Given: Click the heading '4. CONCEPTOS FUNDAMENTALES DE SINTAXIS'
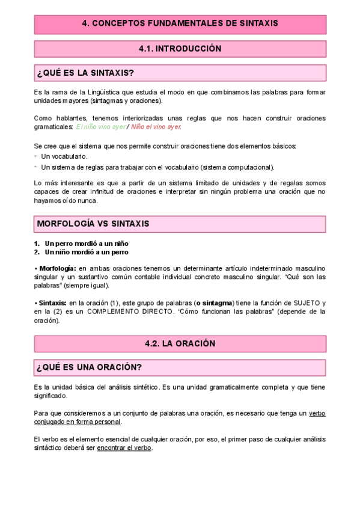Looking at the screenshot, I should (180, 24).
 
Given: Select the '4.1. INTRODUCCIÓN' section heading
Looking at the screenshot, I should (180, 49).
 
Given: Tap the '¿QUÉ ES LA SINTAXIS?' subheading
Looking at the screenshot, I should (85, 73).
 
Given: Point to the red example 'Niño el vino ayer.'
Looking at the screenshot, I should (156, 127).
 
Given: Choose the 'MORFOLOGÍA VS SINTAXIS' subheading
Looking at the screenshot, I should (93, 224).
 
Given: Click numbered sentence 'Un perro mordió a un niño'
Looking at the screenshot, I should (86, 243).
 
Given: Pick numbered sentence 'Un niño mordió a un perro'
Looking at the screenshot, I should (86, 252).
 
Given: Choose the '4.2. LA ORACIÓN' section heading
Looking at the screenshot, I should (180, 343).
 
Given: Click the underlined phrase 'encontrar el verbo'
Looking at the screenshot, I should (124, 447).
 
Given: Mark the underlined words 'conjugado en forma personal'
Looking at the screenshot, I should (86, 422).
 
